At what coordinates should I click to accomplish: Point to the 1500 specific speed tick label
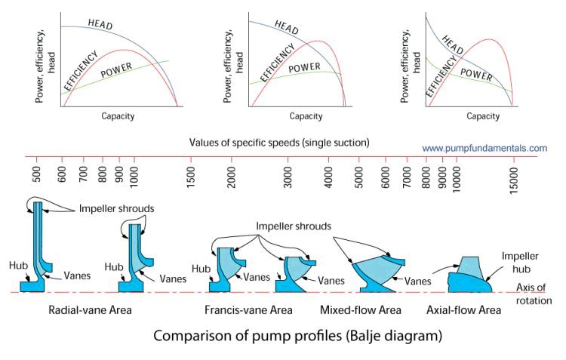click(x=192, y=176)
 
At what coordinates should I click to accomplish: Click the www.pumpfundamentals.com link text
click(x=484, y=149)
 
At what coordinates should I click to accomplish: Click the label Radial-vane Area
click(x=85, y=310)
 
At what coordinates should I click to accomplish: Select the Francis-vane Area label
click(x=248, y=310)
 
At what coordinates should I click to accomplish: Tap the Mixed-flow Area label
click(x=359, y=310)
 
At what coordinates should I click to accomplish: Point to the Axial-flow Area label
click(x=463, y=310)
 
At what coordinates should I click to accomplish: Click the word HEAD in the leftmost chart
click(x=100, y=23)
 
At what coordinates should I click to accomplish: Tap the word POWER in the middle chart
click(x=304, y=67)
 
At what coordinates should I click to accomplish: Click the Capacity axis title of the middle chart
click(x=306, y=117)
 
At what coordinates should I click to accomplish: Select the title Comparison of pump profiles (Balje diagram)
click(x=297, y=334)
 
